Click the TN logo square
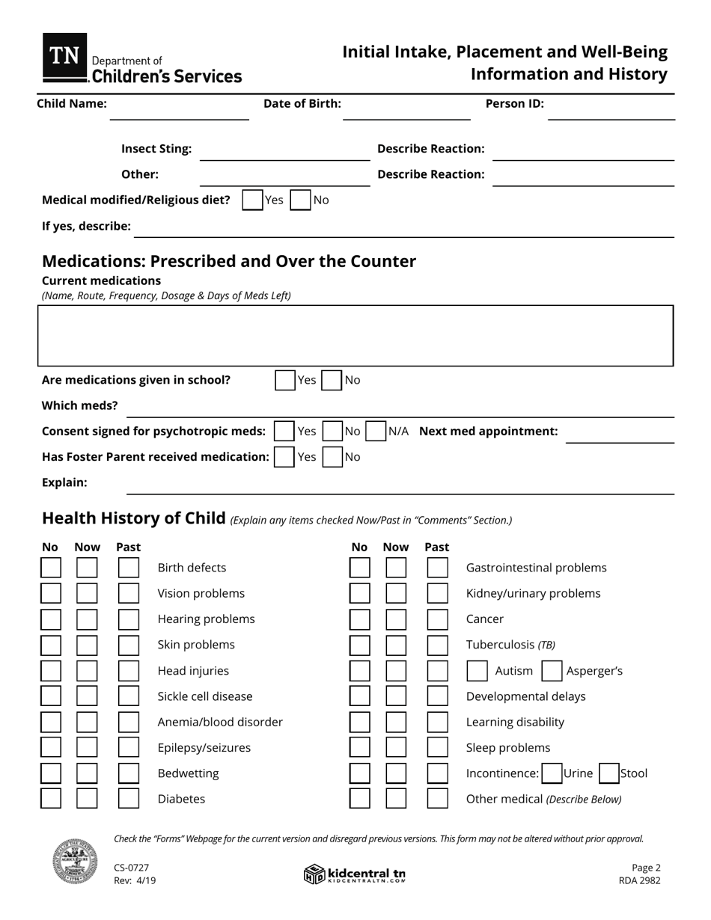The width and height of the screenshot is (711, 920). pos(65,57)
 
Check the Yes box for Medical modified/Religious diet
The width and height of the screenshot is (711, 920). pos(253,200)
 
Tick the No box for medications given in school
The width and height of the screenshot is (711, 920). pos(332,380)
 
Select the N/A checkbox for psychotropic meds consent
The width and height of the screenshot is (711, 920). pos(376,432)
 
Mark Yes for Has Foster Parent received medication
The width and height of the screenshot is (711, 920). pos(284,457)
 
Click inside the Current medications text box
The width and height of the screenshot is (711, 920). pos(355,336)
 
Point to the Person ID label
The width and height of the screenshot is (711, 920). pos(514,104)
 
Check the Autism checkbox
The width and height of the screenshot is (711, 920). pos(477,671)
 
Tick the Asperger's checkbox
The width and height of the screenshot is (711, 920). pos(552,671)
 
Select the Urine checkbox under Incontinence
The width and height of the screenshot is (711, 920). pos(552,773)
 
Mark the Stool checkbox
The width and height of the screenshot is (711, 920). pos(609,773)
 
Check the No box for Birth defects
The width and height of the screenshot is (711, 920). pos(51,568)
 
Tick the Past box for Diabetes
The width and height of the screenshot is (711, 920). pos(129,799)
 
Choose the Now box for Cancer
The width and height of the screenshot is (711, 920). pos(396,619)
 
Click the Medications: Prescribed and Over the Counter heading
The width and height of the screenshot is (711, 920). pos(229,261)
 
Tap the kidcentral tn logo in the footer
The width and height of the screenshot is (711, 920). pos(355,874)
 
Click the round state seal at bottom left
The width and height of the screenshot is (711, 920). pos(75,861)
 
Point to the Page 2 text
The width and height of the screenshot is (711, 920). pos(646,868)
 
